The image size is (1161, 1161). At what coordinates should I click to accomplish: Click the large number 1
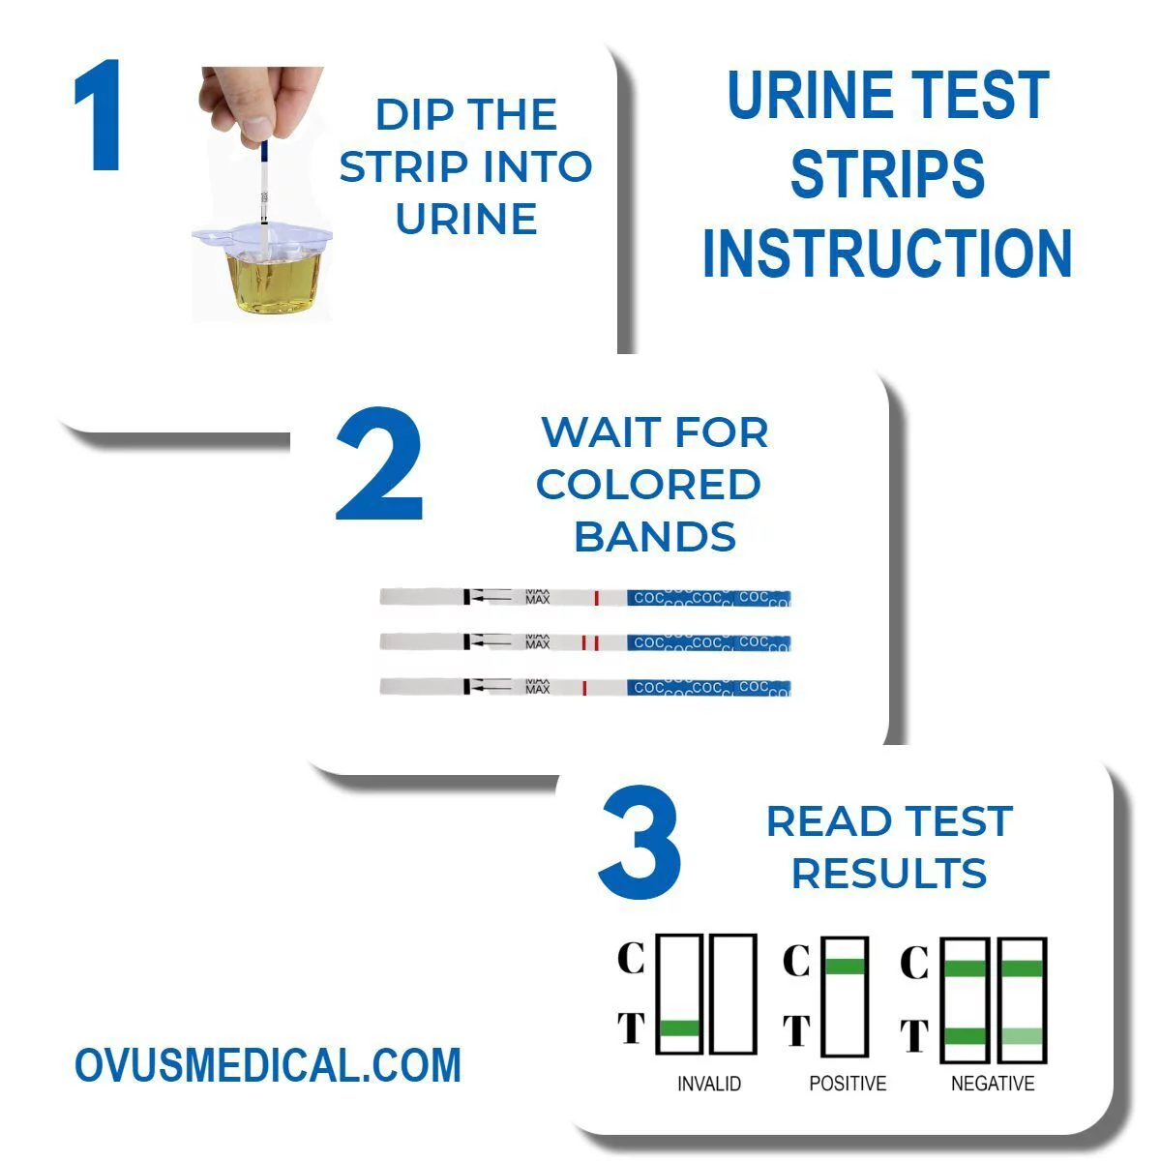pyautogui.click(x=99, y=118)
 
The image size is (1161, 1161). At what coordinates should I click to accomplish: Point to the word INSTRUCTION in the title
pyautogui.click(x=886, y=253)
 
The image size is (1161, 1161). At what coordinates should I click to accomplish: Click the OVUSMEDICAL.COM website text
pyautogui.click(x=268, y=1065)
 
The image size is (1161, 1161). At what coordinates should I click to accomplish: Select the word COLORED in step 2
pyautogui.click(x=648, y=485)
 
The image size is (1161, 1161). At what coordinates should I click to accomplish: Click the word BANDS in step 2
pyautogui.click(x=655, y=537)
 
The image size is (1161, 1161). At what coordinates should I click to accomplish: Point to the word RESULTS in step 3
pyautogui.click(x=888, y=873)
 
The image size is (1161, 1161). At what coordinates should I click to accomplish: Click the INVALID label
pyautogui.click(x=709, y=1084)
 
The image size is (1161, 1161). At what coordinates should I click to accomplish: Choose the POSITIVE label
pyautogui.click(x=848, y=1084)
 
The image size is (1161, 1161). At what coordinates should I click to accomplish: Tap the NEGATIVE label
pyautogui.click(x=993, y=1084)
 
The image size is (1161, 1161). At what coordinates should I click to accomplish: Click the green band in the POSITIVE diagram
pyautogui.click(x=846, y=966)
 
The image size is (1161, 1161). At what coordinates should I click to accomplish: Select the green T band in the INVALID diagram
pyautogui.click(x=679, y=1028)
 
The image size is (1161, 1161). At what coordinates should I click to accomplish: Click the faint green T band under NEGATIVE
pyautogui.click(x=1022, y=1036)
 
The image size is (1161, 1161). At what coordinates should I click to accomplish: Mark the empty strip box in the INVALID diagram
pyautogui.click(x=732, y=995)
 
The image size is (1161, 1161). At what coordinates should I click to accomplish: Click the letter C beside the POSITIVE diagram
pyautogui.click(x=795, y=962)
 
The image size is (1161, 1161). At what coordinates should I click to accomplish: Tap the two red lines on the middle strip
pyautogui.click(x=590, y=642)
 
